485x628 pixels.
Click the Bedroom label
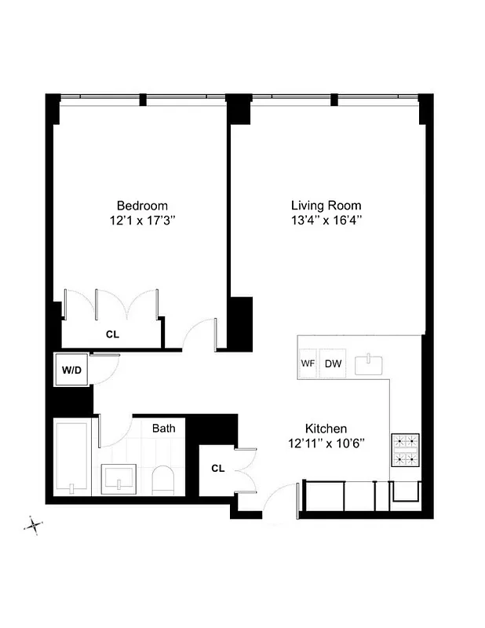[x=142, y=206]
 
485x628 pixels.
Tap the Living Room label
[x=326, y=206]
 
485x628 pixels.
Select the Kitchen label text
[x=326, y=429]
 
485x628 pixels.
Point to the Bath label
[x=163, y=429]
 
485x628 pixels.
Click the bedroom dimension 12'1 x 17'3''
[x=142, y=221]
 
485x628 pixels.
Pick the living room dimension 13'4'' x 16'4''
[x=326, y=221]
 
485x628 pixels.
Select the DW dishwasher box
[x=333, y=363]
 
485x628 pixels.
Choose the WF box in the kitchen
[x=308, y=363]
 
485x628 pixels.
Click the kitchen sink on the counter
[x=367, y=364]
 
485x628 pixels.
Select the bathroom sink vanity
[x=119, y=478]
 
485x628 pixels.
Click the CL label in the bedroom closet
[x=113, y=334]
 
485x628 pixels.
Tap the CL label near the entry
[x=217, y=469]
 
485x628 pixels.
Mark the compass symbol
[x=34, y=524]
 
